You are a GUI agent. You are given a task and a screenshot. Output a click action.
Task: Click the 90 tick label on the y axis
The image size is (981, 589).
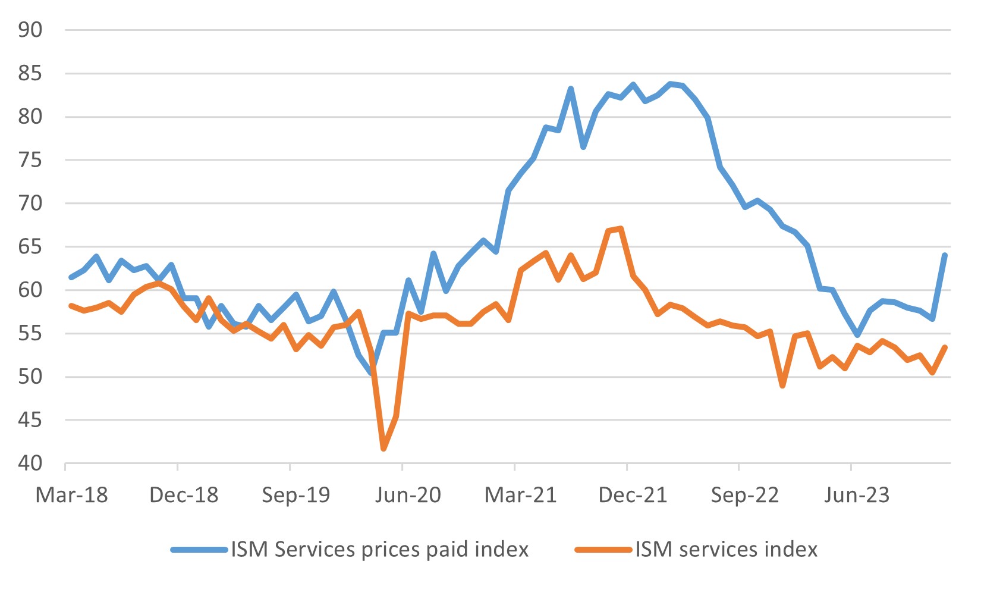coord(30,30)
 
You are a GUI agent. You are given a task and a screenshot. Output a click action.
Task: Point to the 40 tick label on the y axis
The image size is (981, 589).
coord(30,463)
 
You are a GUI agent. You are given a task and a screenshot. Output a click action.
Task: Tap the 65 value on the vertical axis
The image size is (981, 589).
coord(30,247)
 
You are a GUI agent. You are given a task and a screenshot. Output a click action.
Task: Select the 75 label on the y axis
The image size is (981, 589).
coord(30,160)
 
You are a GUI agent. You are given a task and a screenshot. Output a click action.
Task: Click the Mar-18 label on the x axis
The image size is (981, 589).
coord(72,495)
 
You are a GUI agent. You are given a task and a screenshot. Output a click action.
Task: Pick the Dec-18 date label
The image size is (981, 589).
coord(184,495)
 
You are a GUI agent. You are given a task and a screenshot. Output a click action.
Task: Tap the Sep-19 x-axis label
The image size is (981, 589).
coord(296,495)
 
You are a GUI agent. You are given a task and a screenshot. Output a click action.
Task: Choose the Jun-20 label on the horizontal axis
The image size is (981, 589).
coord(408,495)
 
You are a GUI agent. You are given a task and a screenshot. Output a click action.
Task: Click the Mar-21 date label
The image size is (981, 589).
coord(521,495)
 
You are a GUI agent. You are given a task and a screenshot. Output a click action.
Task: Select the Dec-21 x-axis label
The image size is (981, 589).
coord(633,495)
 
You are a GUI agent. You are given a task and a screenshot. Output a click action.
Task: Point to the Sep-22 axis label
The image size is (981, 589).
coord(745,495)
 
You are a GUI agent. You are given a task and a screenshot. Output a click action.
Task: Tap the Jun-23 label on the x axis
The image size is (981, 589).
coord(857,495)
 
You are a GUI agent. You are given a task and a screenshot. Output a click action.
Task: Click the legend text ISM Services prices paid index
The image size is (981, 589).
coord(380,549)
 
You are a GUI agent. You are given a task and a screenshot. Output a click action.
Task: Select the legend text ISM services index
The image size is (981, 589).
coord(727,549)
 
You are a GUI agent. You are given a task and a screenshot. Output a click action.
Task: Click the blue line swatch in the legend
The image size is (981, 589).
coord(199,550)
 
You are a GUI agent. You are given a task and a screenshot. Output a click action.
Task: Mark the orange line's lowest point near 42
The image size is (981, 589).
coord(383,449)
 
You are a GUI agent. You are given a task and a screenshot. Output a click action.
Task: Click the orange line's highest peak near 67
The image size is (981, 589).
coord(621,228)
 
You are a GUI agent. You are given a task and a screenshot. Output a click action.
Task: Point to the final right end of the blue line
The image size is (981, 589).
coord(945,255)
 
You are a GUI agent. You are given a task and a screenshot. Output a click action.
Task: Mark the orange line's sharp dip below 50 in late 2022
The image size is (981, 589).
coord(783,386)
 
